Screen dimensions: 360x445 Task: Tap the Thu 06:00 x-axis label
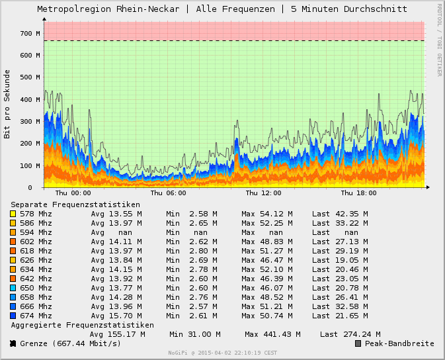click(168, 193)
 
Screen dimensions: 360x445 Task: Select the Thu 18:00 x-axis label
click(358, 193)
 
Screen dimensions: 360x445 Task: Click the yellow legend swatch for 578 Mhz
click(13, 214)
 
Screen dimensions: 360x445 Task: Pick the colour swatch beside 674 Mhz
click(13, 316)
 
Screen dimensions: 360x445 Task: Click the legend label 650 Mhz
click(36, 288)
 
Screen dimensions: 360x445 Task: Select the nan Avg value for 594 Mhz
click(125, 232)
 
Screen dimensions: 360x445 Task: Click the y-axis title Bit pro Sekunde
click(7, 104)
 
